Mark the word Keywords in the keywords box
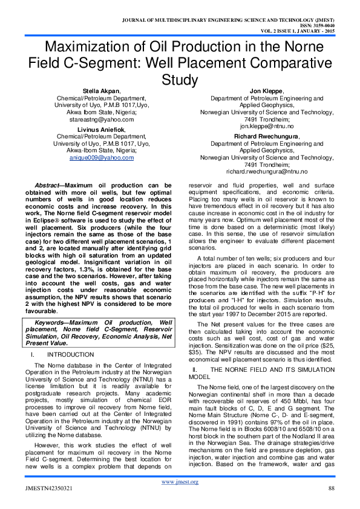(x=49, y=323)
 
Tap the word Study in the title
(x=180, y=79)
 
